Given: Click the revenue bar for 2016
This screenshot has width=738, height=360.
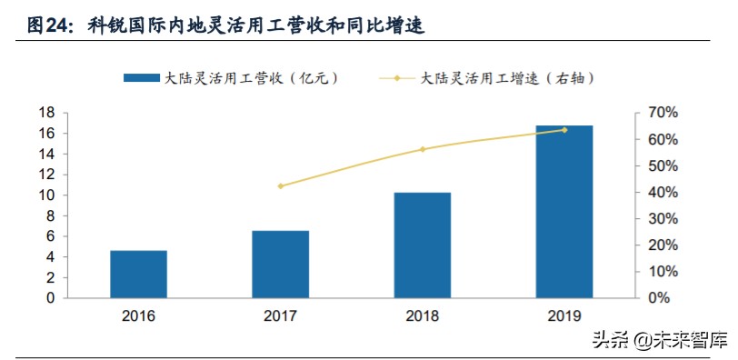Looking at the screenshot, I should click(x=138, y=274).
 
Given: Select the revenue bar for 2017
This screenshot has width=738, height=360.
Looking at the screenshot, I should click(x=280, y=264).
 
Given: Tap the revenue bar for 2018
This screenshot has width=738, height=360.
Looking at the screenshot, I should click(x=422, y=245).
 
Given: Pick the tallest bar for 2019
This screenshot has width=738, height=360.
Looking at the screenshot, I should click(x=563, y=211).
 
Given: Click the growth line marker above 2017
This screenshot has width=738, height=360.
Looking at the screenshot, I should click(x=281, y=186).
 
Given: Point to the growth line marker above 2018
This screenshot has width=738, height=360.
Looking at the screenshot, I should click(x=423, y=149).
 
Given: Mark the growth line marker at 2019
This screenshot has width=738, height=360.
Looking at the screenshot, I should click(x=564, y=130).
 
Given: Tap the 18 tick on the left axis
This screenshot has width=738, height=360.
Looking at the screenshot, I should click(x=47, y=113).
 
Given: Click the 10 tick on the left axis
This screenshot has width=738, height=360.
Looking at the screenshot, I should click(x=47, y=195).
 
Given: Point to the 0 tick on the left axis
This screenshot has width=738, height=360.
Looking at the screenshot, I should click(x=51, y=298).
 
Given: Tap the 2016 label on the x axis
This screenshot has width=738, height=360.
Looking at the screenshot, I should click(x=138, y=316).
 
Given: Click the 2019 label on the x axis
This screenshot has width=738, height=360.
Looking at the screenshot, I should click(x=563, y=316).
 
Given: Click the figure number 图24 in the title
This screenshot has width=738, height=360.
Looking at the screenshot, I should click(x=45, y=25).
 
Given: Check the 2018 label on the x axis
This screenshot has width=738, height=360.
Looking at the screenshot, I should click(x=422, y=316).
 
